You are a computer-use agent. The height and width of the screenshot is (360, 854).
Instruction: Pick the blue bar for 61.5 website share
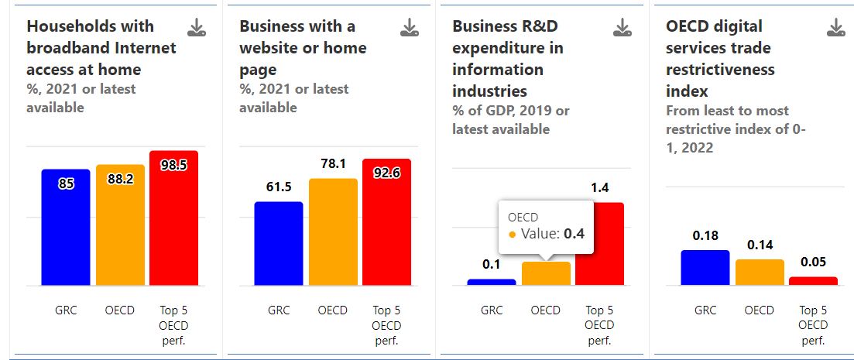coord(279,244)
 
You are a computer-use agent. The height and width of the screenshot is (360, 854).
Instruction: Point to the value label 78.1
coord(333,164)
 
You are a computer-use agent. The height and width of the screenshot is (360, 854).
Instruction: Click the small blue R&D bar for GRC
coord(492,282)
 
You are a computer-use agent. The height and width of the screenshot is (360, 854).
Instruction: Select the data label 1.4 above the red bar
coord(599,187)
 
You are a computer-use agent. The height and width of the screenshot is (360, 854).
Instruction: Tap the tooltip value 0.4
coord(574,234)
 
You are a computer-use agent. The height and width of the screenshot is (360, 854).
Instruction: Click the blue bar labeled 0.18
coord(705,268)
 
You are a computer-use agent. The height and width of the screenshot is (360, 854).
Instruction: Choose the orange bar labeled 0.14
coord(760,273)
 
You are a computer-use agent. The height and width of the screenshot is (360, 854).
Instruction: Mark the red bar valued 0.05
coord(813,281)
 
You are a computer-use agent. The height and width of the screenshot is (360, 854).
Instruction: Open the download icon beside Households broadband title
coord(197,29)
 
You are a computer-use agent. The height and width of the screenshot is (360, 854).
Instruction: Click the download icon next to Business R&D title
coord(622,29)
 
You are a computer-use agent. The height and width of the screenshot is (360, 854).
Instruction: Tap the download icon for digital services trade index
coord(836,29)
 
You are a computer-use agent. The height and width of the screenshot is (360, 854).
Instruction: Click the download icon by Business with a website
coord(410,29)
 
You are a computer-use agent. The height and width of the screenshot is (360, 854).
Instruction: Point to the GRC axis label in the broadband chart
coord(66,310)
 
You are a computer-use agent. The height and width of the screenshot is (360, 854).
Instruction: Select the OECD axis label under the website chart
coord(333,310)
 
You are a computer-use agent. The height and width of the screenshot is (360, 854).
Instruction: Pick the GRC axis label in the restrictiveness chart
coord(705,310)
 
